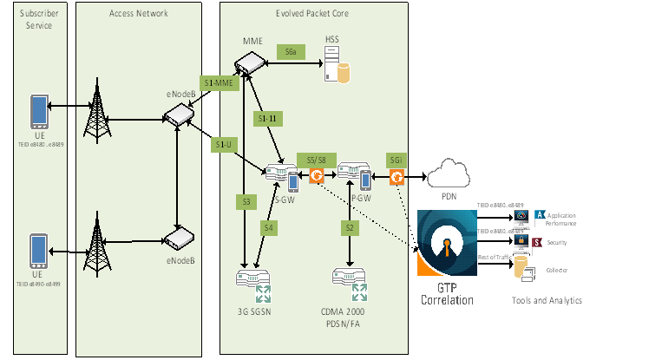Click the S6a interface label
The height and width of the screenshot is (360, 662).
point(291,52)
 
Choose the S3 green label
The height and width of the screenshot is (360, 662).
point(246,201)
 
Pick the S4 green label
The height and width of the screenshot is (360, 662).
point(269,227)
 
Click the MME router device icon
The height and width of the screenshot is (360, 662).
point(249,62)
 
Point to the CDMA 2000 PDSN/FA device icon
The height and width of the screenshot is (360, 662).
point(351,282)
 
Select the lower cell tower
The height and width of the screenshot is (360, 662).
point(93,246)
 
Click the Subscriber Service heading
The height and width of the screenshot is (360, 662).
point(35,20)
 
